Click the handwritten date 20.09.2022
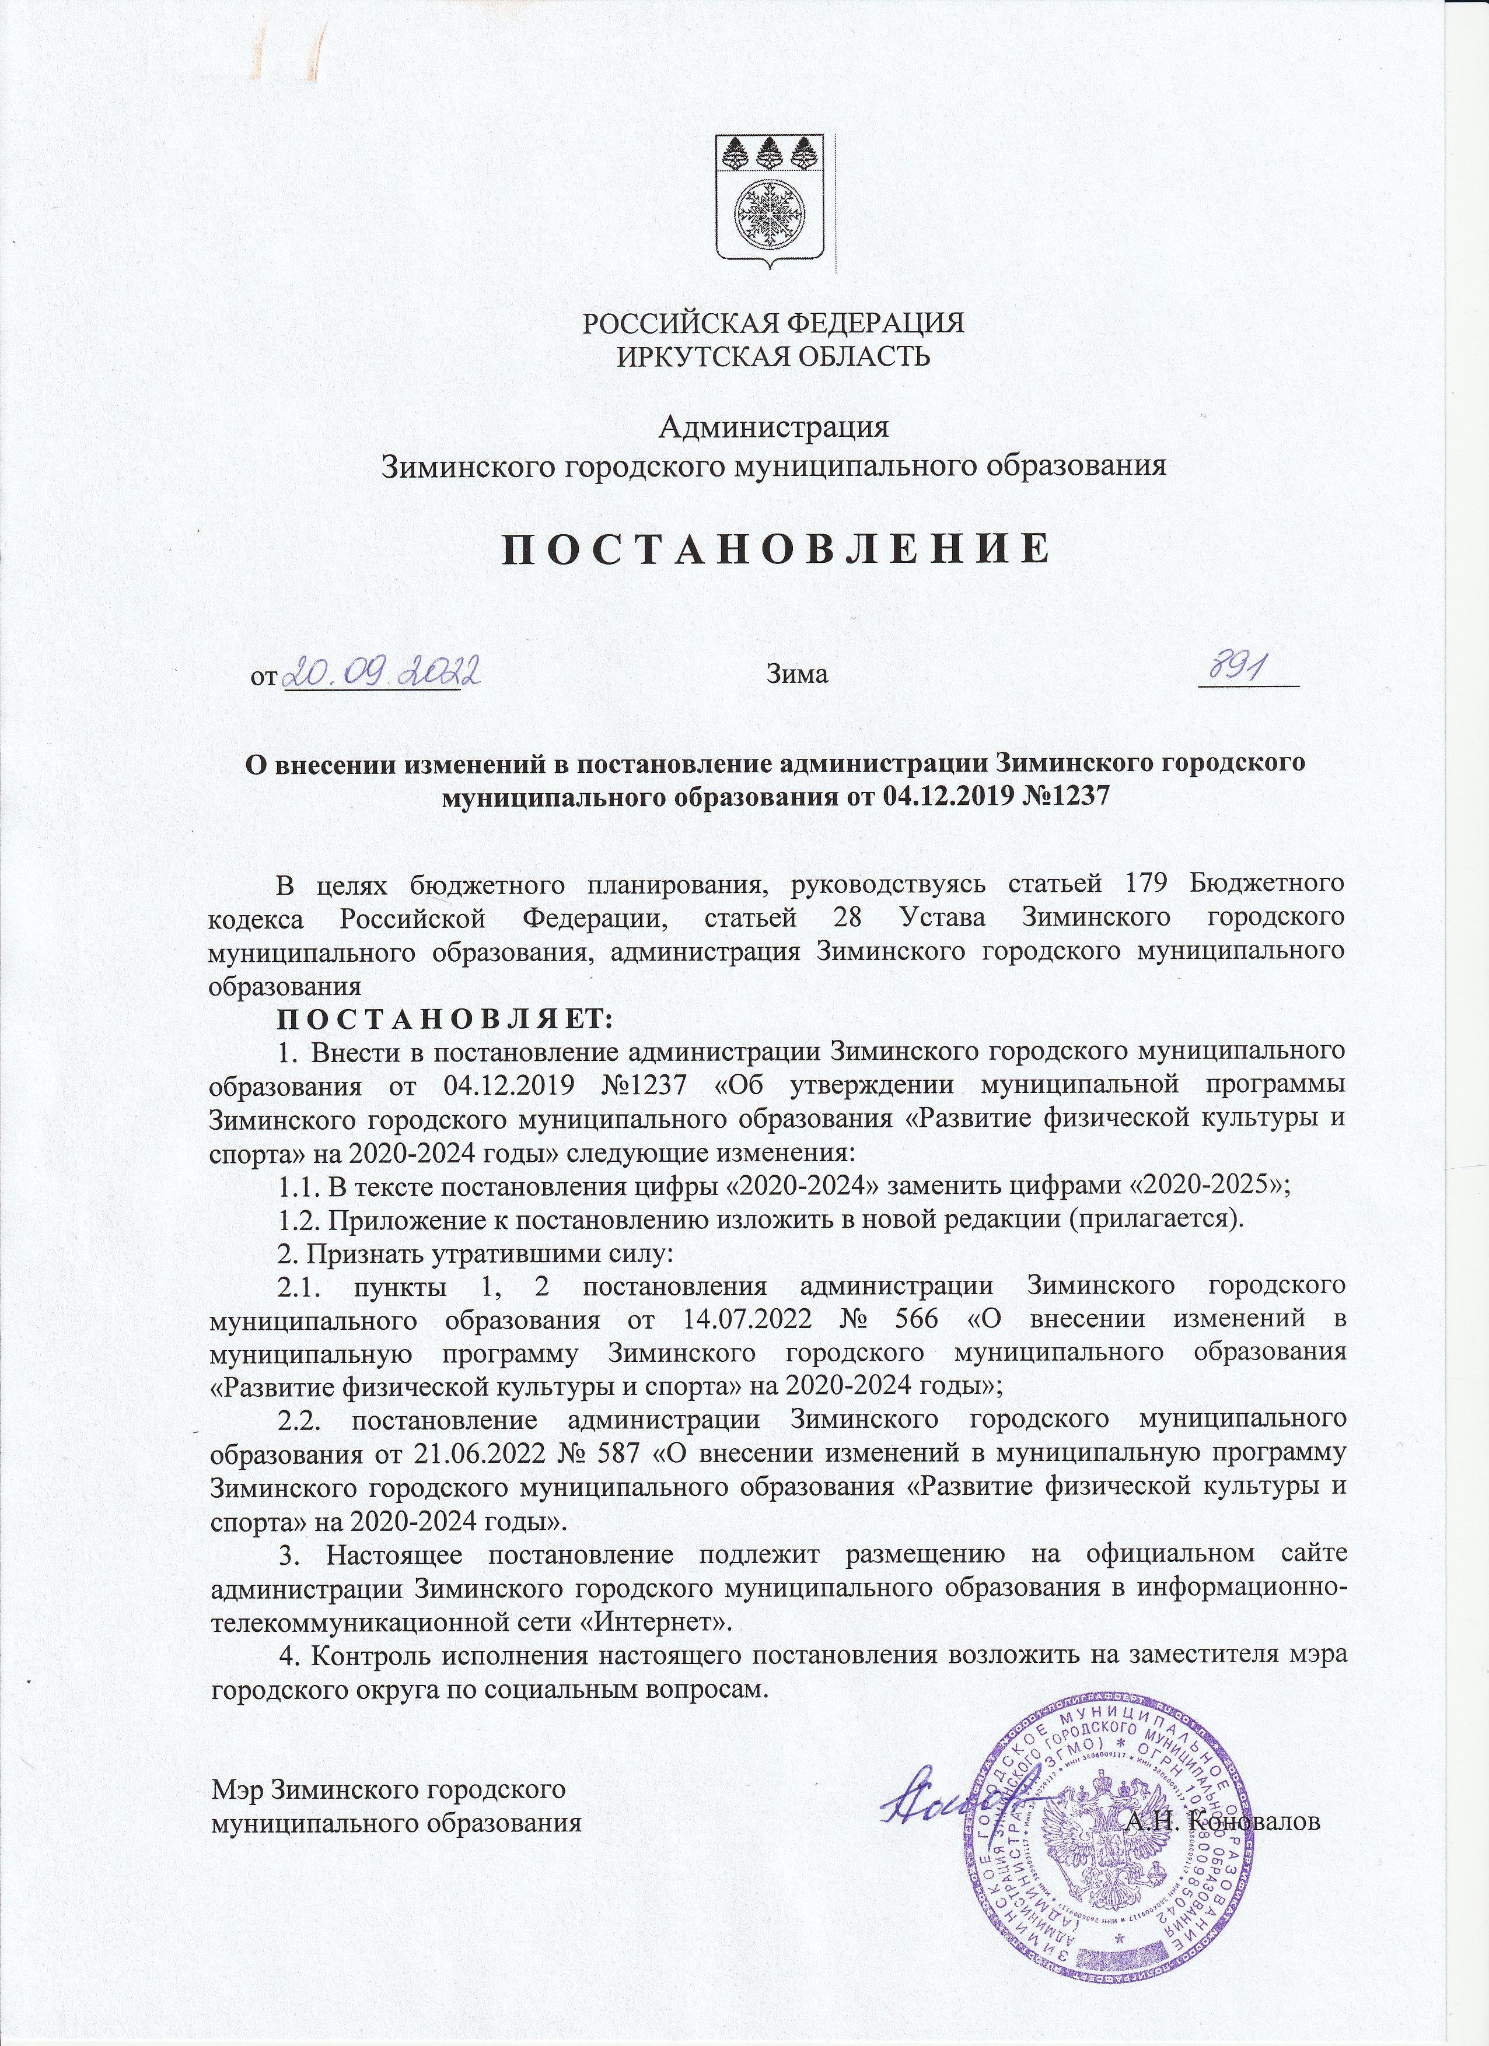click(380, 672)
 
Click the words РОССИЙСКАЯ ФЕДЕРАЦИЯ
click(773, 323)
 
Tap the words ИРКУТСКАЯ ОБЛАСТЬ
click(773, 356)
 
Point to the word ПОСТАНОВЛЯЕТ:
click(445, 1020)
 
